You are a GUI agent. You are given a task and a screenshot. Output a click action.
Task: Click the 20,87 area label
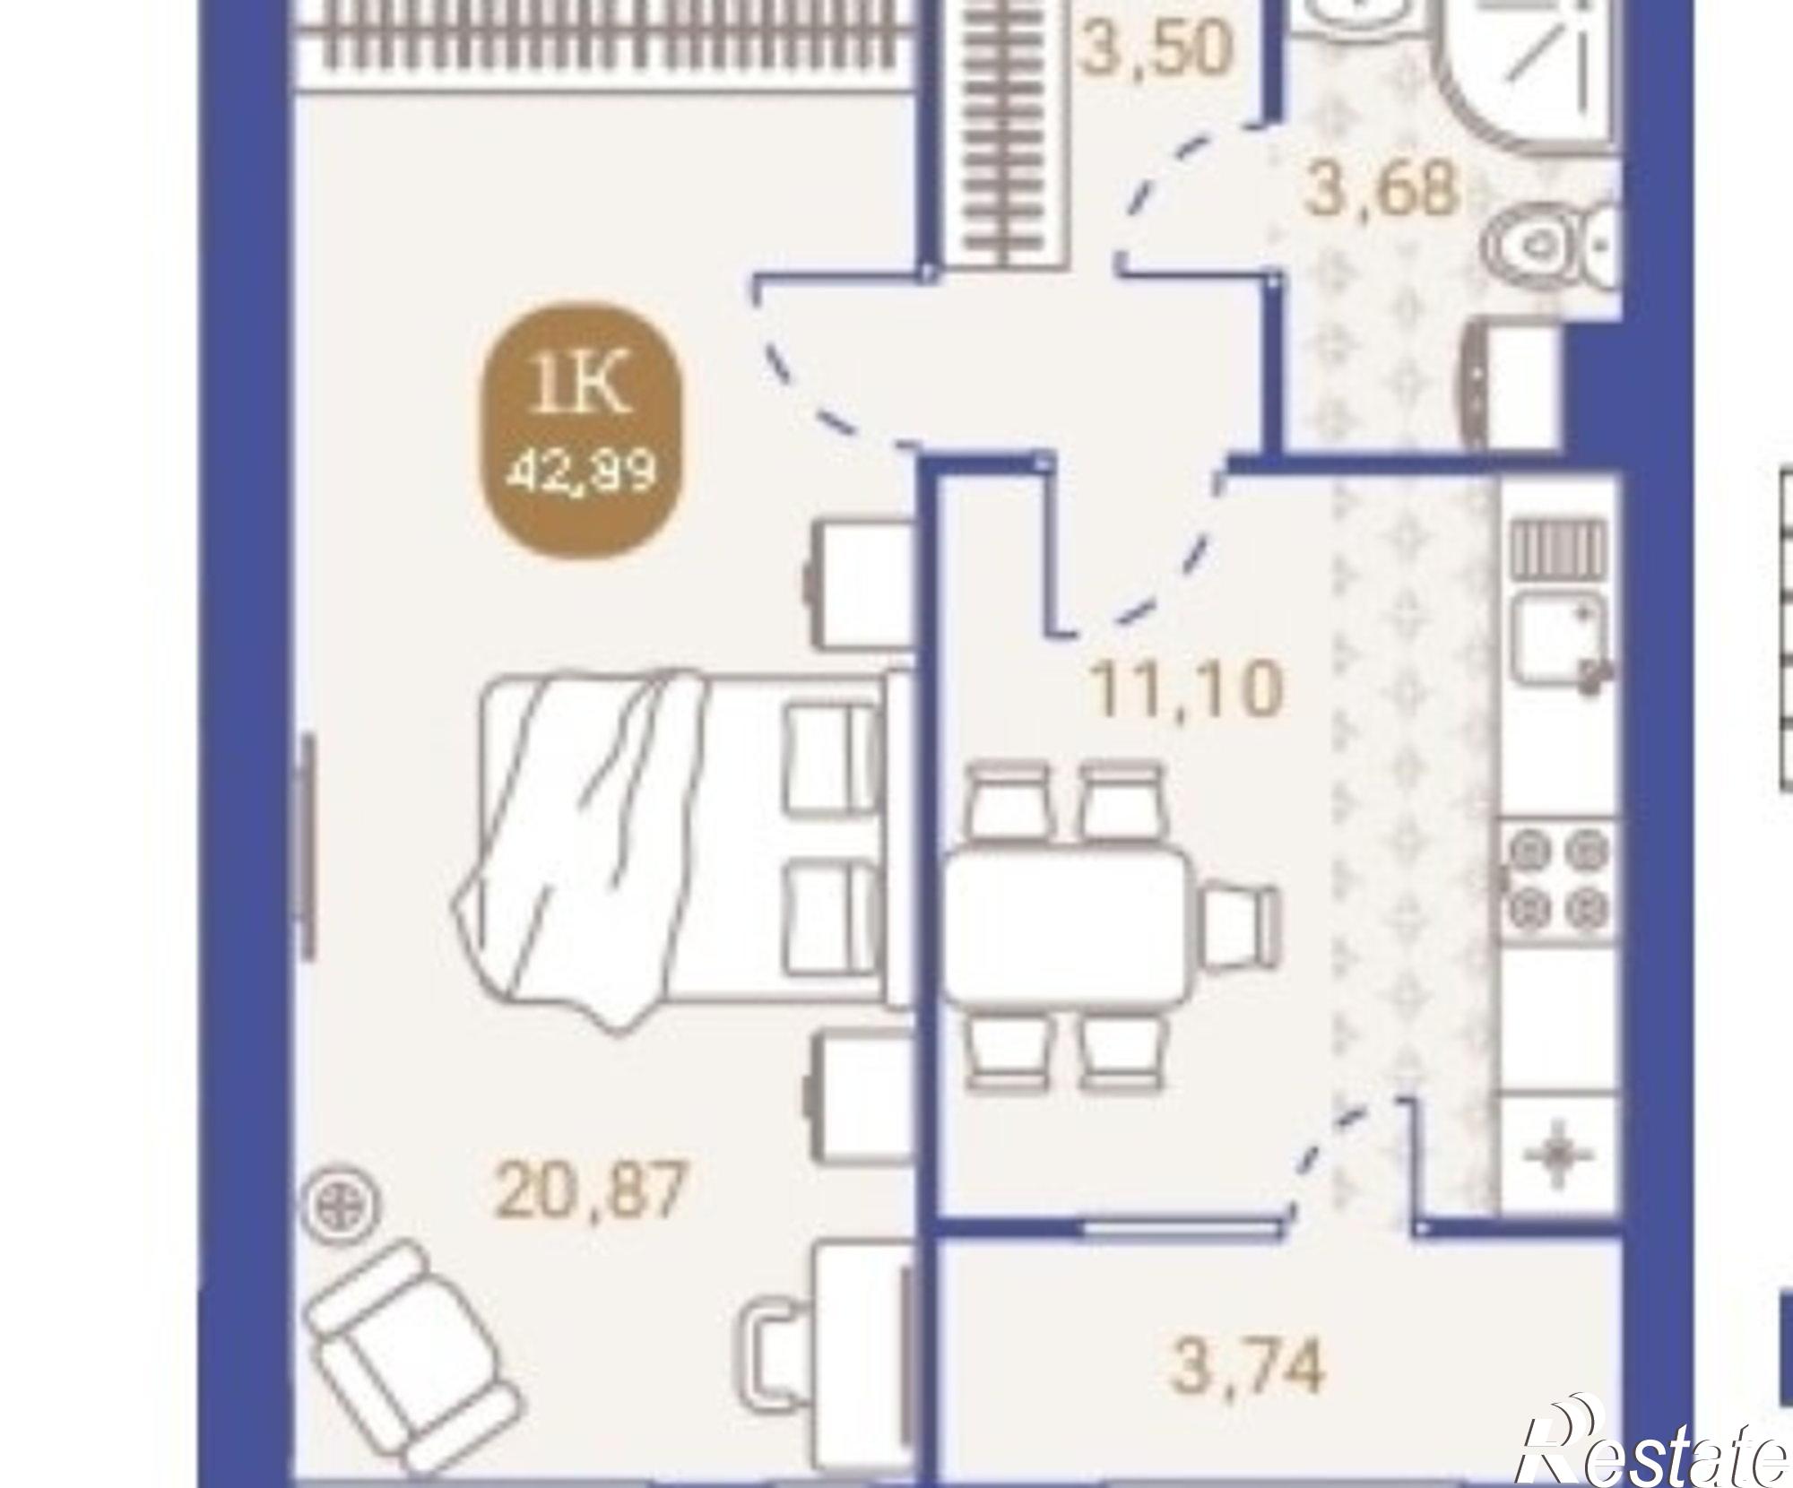tap(590, 1190)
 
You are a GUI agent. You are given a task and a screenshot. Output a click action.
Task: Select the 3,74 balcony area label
tap(1247, 1366)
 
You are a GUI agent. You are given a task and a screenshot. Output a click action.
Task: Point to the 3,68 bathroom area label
tap(1382, 189)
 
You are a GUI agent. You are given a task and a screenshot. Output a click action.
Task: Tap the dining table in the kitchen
tap(1066, 925)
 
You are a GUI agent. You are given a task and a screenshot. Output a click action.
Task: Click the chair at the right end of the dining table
tap(1241, 925)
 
